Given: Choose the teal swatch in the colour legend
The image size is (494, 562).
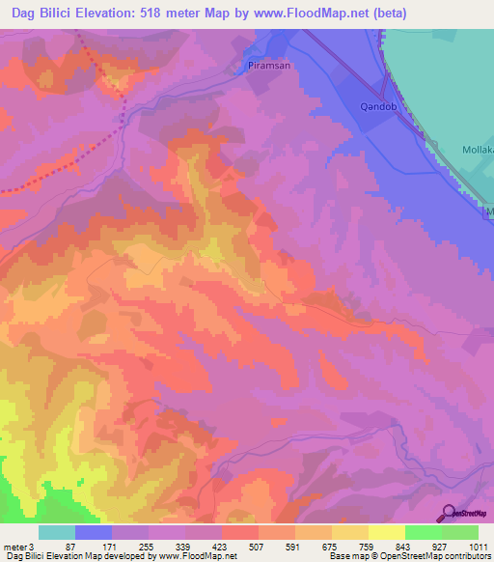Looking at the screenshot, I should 57,533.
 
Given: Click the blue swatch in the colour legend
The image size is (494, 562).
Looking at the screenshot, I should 94,533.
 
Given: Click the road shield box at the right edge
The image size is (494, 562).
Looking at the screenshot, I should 488,211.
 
